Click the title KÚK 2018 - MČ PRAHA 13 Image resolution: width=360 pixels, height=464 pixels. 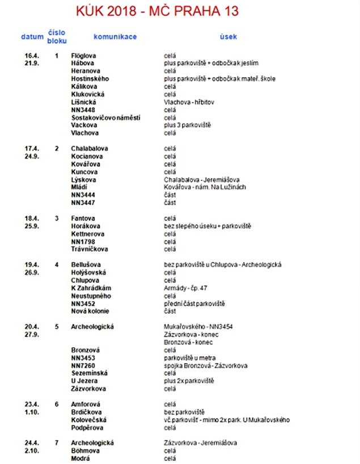(x=158, y=11)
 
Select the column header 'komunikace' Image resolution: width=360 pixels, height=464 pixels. (x=115, y=37)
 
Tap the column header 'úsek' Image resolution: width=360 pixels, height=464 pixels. (x=228, y=37)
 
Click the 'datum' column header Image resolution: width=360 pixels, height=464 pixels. (x=32, y=37)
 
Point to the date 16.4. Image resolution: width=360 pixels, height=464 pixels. (x=31, y=56)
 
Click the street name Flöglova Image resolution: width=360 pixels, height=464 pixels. (x=84, y=56)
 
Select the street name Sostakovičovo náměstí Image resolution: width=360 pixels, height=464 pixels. (x=105, y=117)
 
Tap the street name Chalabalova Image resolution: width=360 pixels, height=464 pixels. (x=90, y=149)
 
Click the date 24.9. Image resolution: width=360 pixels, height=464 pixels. (x=31, y=157)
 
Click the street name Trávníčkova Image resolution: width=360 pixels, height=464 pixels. (x=90, y=249)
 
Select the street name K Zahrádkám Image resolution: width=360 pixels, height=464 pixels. (x=91, y=288)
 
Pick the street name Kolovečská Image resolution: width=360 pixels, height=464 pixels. (x=89, y=420)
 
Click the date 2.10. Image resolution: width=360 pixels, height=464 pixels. (x=31, y=450)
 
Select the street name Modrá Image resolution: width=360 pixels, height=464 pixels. (x=81, y=458)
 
